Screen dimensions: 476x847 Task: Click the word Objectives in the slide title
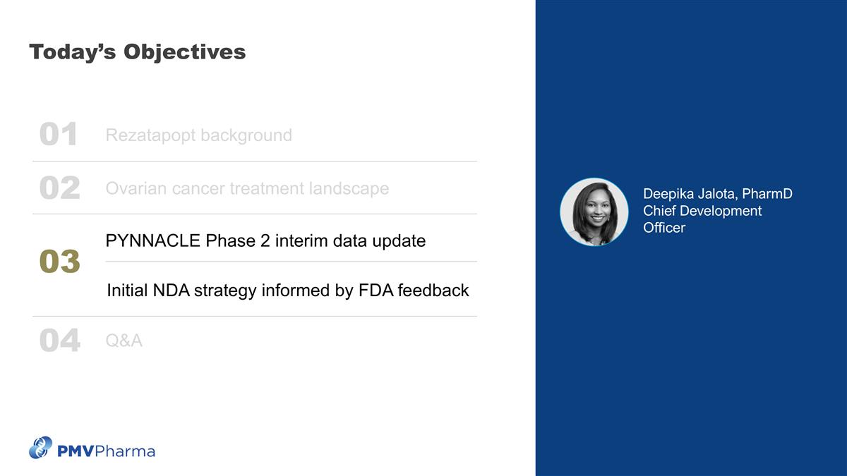(x=184, y=52)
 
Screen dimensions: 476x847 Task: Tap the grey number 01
(x=59, y=135)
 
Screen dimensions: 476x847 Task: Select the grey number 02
(x=59, y=188)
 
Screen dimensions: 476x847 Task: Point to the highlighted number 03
(x=59, y=262)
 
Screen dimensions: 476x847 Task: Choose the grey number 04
(x=59, y=341)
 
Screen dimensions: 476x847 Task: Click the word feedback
(x=433, y=291)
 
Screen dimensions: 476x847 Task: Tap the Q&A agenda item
(x=124, y=341)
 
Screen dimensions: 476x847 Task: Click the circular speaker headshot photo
(x=594, y=212)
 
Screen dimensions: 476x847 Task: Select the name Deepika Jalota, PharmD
(x=717, y=194)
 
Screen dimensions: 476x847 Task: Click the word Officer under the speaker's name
(x=663, y=228)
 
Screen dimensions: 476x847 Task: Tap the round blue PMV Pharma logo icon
(x=40, y=448)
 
